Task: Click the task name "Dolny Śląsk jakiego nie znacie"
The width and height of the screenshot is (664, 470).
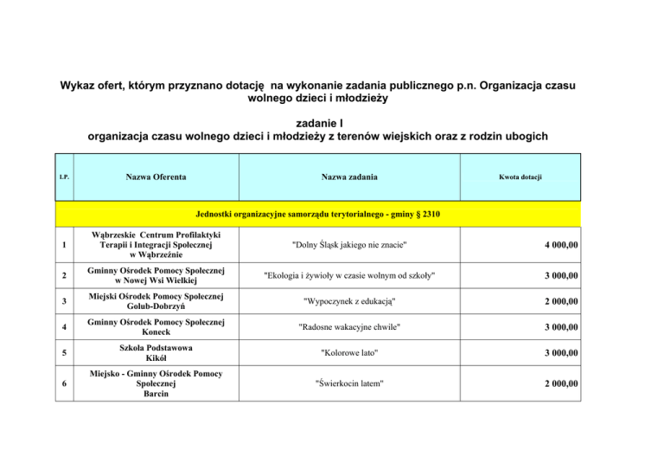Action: coord(348,246)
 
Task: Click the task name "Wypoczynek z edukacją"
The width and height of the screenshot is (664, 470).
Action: coord(348,302)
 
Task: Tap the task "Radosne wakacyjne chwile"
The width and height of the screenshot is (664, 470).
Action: coord(348,328)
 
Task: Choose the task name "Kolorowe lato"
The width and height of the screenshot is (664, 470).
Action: coord(348,355)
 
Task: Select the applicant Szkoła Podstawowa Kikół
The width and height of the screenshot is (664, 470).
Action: coord(156,353)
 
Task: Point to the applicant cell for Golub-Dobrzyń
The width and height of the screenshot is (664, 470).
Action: coord(156,303)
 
